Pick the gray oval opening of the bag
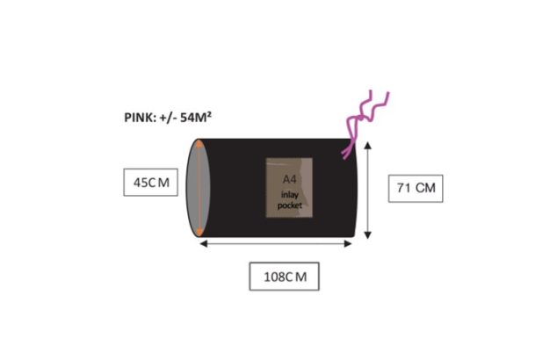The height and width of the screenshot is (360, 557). click(x=197, y=188)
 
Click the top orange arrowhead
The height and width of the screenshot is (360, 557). click(x=200, y=144)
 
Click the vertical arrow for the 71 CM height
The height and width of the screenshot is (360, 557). click(x=366, y=188)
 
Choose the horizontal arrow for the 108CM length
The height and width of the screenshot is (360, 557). click(x=277, y=243)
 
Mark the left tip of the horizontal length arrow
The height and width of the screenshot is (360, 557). click(x=202, y=243)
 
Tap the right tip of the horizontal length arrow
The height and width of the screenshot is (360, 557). click(x=352, y=243)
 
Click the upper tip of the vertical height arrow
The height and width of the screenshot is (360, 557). click(x=366, y=141)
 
